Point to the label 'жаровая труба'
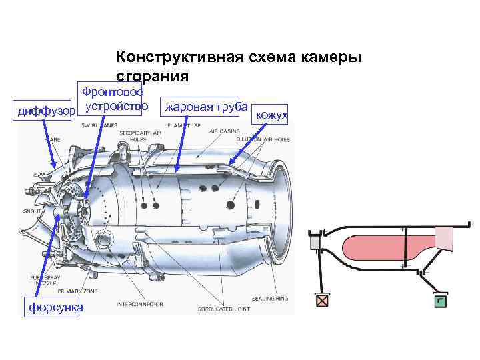tap(206, 107)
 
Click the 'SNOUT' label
tap(31, 210)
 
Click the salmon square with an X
tap(323, 300)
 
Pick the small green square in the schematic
tap(439, 300)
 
